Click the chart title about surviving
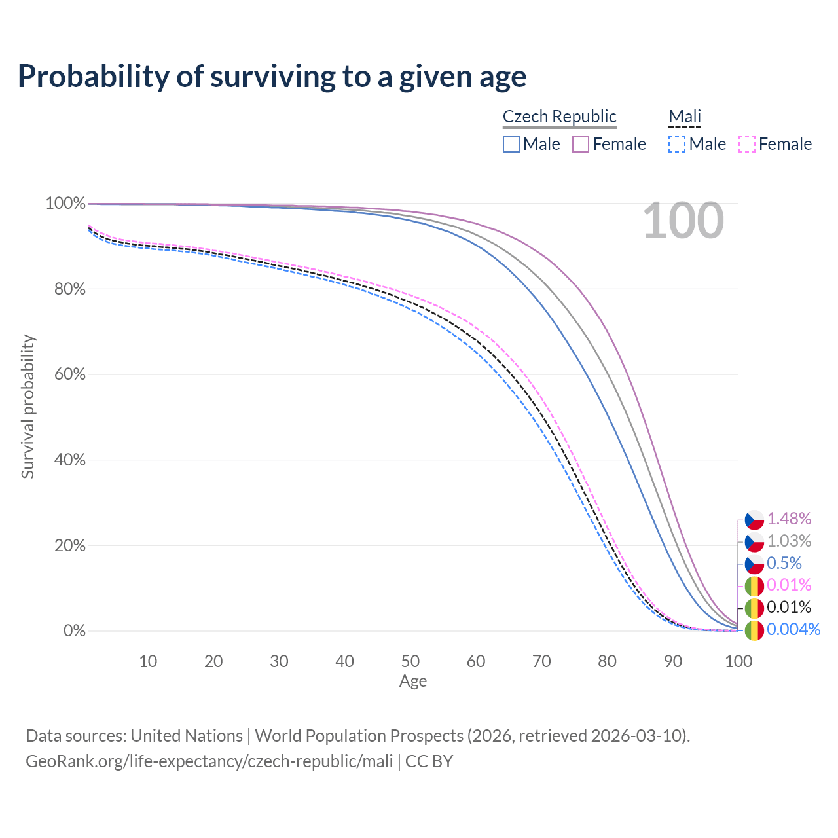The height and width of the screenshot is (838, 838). point(272,77)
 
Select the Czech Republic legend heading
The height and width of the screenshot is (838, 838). point(559,117)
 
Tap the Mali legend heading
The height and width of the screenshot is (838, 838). point(685,117)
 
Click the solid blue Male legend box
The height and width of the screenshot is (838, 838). point(511,144)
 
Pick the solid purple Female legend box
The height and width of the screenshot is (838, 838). point(581,144)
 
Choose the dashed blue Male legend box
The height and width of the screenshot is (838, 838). point(677,144)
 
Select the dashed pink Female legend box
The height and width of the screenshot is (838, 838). point(747,144)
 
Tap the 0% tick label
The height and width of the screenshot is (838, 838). point(75,631)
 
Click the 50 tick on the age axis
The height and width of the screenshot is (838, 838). point(410,661)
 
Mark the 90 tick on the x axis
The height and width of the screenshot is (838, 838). point(673,661)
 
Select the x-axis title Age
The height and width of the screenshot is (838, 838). point(413,682)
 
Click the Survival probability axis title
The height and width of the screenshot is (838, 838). point(27,407)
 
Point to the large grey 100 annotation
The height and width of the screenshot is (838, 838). point(683,221)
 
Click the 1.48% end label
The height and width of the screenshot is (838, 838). point(789,519)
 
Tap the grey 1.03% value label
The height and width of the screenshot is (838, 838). point(789,541)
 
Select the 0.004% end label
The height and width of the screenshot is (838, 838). point(793,630)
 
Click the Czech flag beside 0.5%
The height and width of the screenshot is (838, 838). point(754,564)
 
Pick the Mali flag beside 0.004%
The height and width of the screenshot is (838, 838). point(754,630)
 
